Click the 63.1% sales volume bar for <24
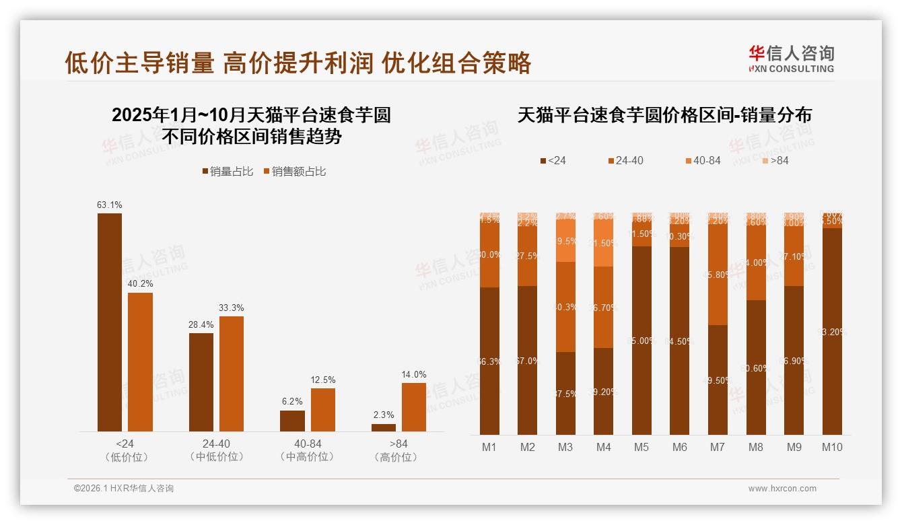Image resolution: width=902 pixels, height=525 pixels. [x=110, y=322]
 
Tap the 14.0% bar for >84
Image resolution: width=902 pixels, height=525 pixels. [x=413, y=407]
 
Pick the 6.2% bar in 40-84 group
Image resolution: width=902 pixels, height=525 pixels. [x=292, y=421]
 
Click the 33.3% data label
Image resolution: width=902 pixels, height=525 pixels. [x=232, y=308]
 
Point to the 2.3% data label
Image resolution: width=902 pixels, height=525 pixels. [x=384, y=415]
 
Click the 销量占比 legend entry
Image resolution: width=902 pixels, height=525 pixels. [x=228, y=172]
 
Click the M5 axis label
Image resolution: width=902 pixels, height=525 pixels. [x=641, y=447]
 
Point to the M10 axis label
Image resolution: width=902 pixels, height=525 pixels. [x=832, y=447]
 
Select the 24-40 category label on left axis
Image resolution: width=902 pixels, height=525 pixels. [x=216, y=444]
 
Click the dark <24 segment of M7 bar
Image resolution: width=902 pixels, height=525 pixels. [x=718, y=380]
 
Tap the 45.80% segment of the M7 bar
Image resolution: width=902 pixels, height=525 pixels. [x=718, y=275]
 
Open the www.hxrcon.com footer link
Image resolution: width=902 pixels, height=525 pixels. [x=782, y=489]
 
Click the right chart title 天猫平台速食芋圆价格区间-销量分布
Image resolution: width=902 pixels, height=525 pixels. [x=664, y=115]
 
